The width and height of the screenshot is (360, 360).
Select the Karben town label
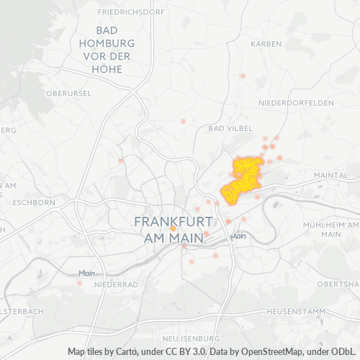coord(266,44)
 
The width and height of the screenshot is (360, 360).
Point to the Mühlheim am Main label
coord(330,229)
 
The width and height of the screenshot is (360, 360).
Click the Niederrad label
coord(115,284)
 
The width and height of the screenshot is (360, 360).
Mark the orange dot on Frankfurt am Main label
coord(173,228)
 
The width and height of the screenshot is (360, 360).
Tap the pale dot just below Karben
coord(243,75)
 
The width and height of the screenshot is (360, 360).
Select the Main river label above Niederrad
coord(87,273)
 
